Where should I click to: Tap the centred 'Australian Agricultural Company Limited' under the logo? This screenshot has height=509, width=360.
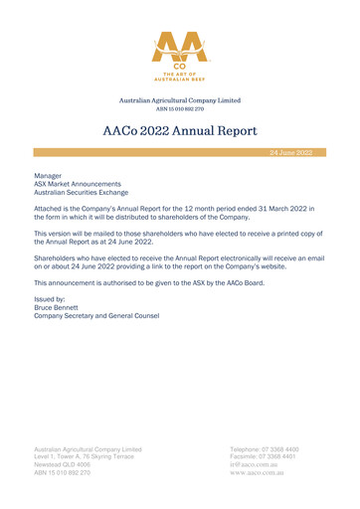click(179, 100)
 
